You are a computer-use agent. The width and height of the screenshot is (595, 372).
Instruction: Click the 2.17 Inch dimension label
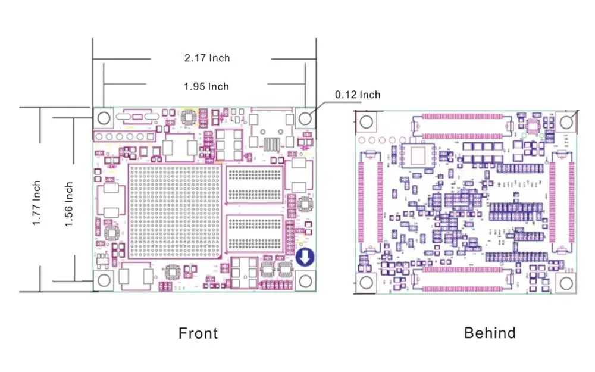click(206, 58)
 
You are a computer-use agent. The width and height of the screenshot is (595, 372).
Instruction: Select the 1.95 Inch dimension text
click(206, 86)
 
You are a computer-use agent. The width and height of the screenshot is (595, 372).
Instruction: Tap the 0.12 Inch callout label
click(357, 95)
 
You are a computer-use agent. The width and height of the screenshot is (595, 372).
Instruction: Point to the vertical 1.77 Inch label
click(37, 203)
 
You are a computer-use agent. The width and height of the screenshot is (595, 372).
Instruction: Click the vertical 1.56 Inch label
click(69, 203)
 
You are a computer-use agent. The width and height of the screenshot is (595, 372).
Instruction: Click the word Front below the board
click(198, 333)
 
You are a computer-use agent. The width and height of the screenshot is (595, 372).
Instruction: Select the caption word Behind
click(490, 333)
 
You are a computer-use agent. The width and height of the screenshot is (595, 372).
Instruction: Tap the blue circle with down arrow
click(305, 258)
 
